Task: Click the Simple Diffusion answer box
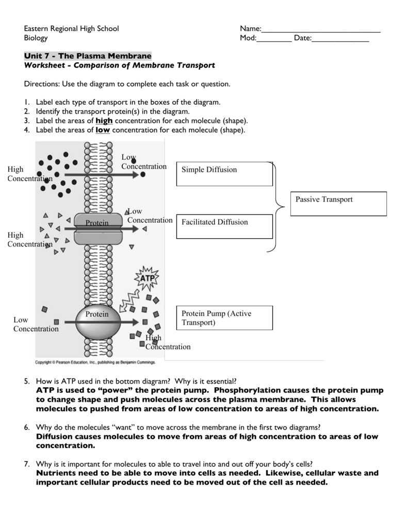pos(224,174)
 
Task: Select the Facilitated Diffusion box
pos(224,226)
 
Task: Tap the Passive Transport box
pos(340,204)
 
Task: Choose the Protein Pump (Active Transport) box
pos(224,318)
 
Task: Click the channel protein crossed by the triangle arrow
pos(97,229)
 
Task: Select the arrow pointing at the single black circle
pos(101,175)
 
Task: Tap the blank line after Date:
pos(340,39)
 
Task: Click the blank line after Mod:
pos(274,39)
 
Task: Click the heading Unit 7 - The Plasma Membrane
pos(88,56)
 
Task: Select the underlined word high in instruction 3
pos(104,121)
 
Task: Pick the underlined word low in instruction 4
pos(103,130)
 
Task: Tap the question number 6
pos(26,427)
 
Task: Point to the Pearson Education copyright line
pos(95,362)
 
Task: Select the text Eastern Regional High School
pos(71,28)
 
